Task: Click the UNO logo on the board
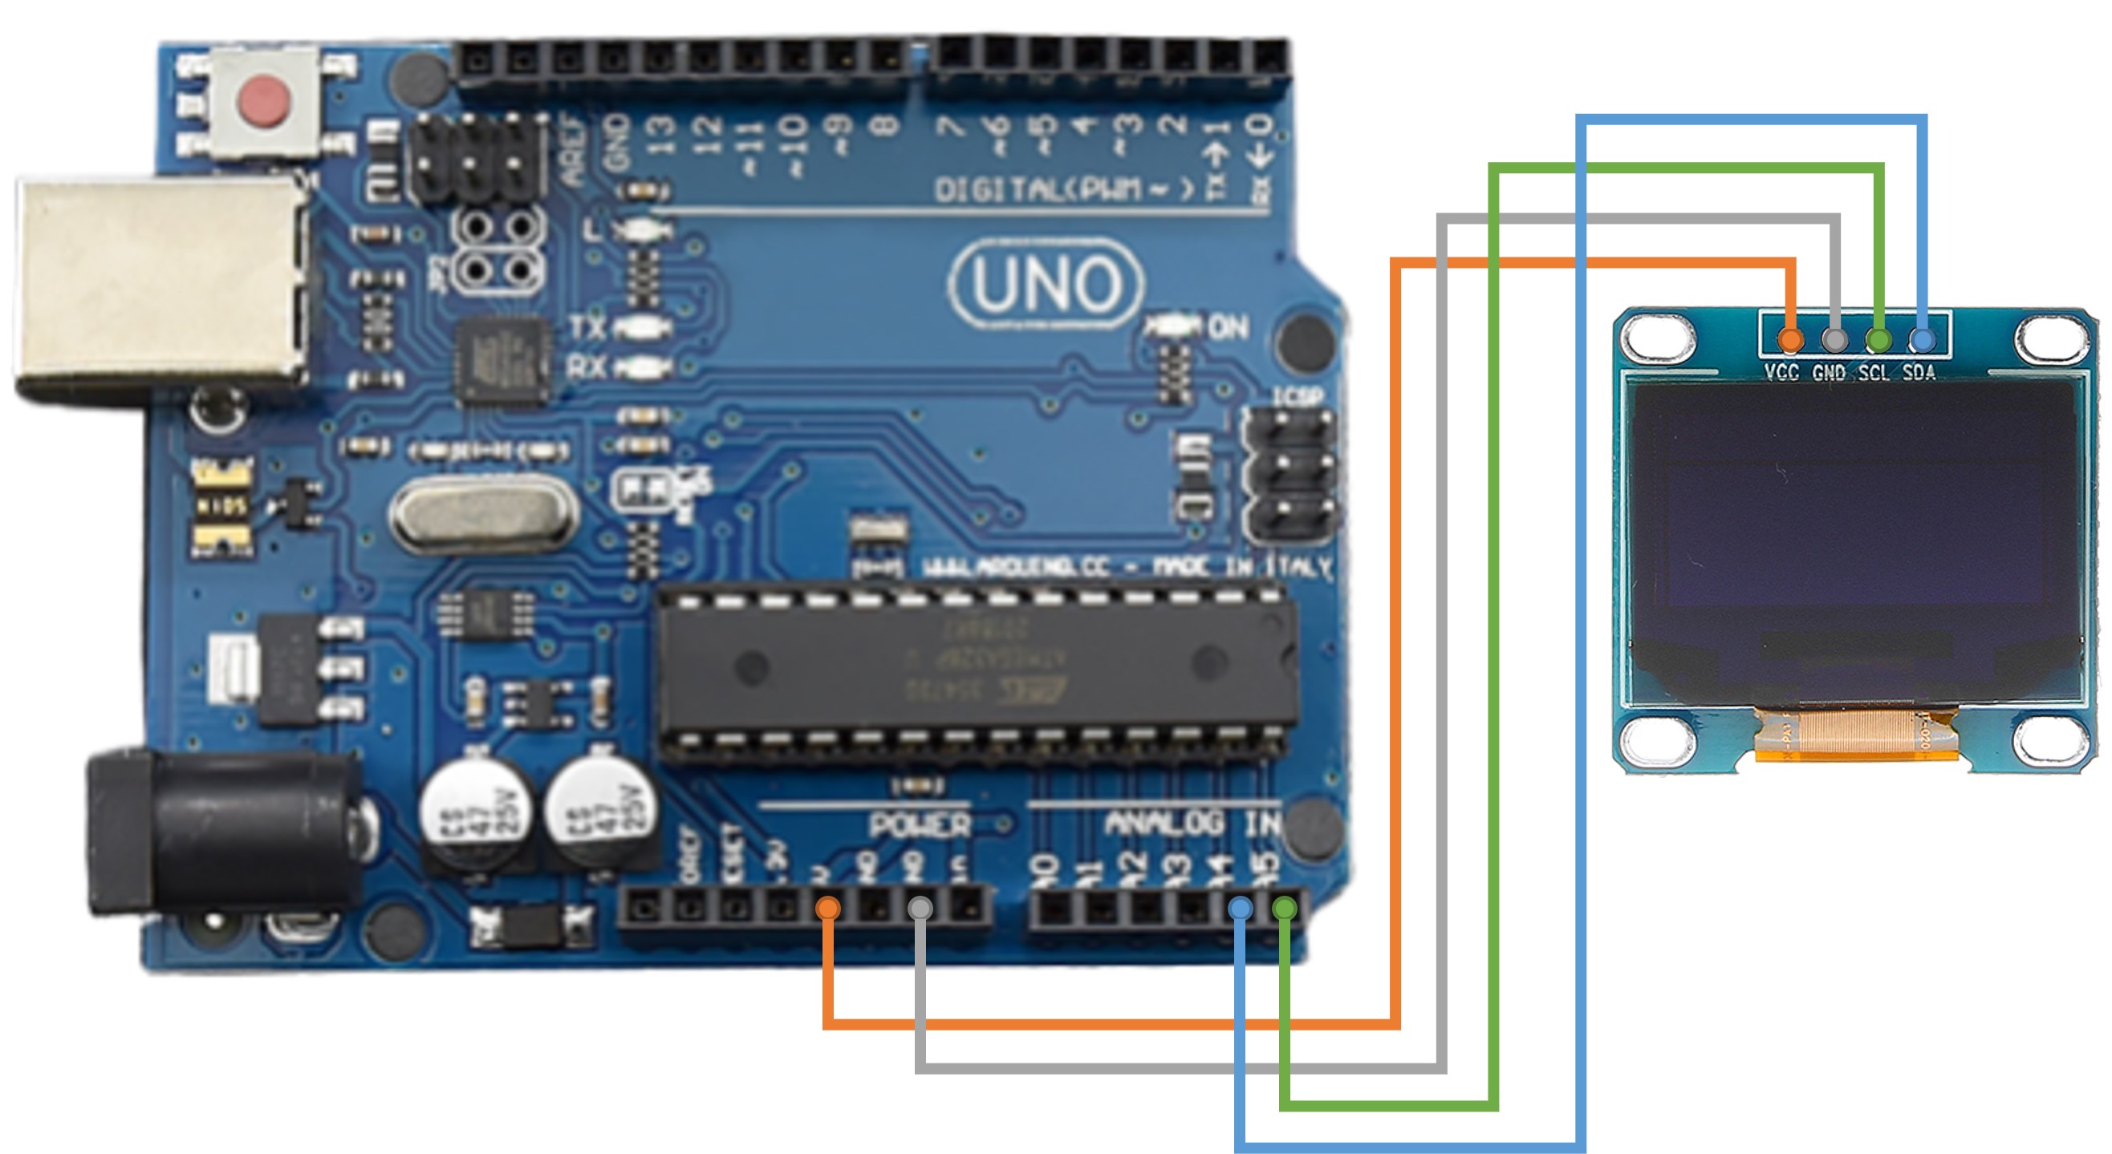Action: pos(1046,284)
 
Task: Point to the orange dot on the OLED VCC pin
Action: pos(1791,338)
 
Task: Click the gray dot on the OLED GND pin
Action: pos(1835,338)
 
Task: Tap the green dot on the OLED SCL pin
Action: pos(1878,338)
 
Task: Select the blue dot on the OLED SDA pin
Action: pos(1922,338)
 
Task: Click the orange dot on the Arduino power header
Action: pos(828,907)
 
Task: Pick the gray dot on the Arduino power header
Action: pos(920,907)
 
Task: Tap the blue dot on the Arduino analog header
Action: pos(1241,907)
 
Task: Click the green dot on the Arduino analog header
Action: pos(1285,907)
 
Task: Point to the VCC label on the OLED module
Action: pos(1781,373)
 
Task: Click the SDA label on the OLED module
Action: pos(1919,373)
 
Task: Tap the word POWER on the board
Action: pos(919,825)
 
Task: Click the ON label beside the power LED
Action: pos(1229,328)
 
